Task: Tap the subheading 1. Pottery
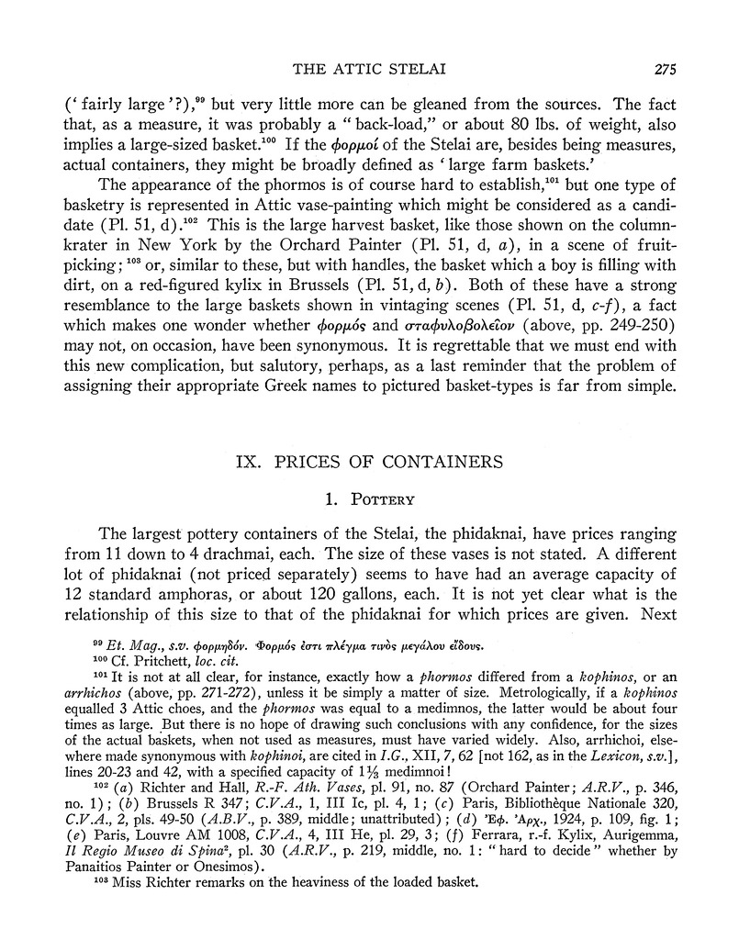coord(369,500)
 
